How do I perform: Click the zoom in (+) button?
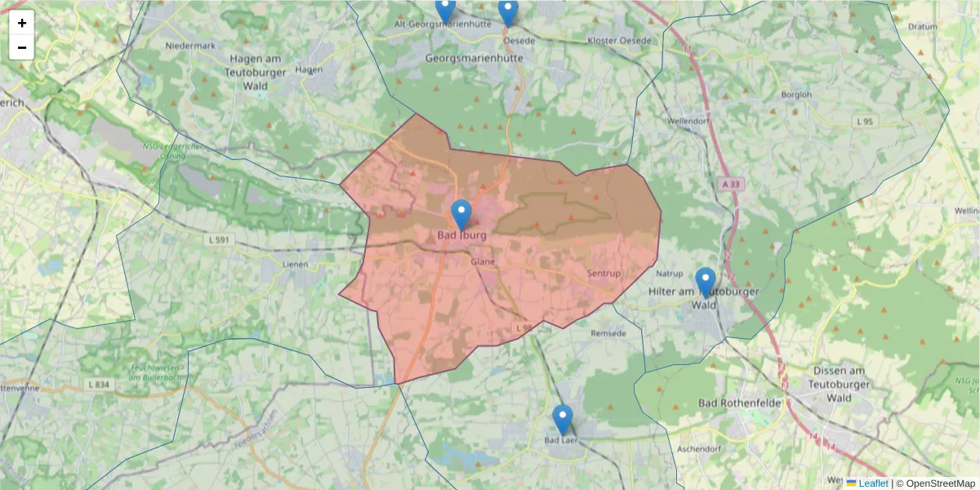coord(22,23)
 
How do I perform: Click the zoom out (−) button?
coord(22,47)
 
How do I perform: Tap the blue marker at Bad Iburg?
coord(461,215)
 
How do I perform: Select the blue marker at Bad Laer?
coord(562,420)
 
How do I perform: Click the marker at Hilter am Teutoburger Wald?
coord(705,283)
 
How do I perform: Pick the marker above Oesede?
coord(508,11)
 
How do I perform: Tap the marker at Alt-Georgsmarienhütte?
coord(445,10)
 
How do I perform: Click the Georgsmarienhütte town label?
coord(474,59)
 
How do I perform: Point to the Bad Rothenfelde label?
coord(741,403)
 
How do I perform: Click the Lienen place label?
coord(295,265)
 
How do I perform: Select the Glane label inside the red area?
coord(483,262)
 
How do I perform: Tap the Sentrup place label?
coord(604,274)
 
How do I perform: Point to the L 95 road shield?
coord(865,122)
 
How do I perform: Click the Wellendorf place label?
coord(688,121)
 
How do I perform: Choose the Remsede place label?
coord(608,334)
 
